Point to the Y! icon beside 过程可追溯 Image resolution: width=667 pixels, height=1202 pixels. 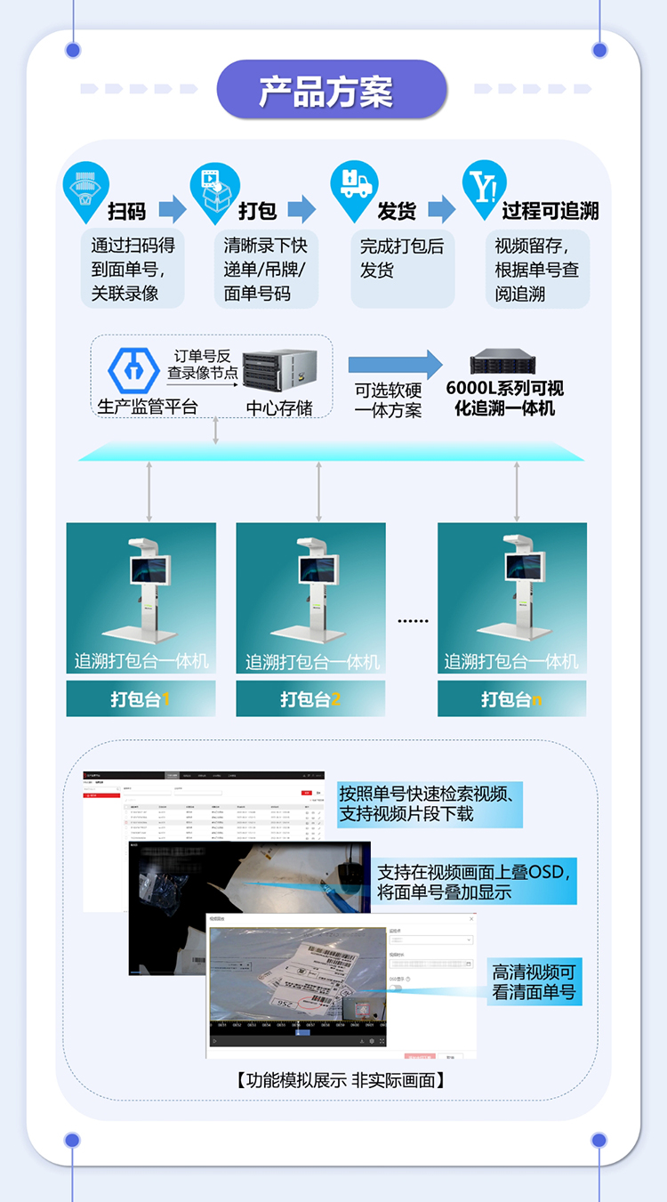(x=485, y=188)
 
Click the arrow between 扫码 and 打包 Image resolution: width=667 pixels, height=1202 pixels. (x=173, y=211)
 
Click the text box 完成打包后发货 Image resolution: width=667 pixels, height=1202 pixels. (x=402, y=257)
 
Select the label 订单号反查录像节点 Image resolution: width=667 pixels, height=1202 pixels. (x=203, y=365)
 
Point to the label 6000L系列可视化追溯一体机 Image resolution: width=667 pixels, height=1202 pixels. (x=504, y=398)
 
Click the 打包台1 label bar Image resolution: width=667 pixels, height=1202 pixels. (x=141, y=699)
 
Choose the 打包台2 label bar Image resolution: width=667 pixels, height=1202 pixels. (x=310, y=699)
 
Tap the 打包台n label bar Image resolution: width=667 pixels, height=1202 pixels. (x=511, y=699)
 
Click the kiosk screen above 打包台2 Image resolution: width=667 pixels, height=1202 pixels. (x=320, y=569)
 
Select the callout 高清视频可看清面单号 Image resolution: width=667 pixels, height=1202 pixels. (x=534, y=982)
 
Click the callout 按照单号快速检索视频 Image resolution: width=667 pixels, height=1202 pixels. (x=430, y=803)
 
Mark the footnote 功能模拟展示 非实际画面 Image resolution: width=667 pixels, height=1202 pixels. (x=340, y=1080)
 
